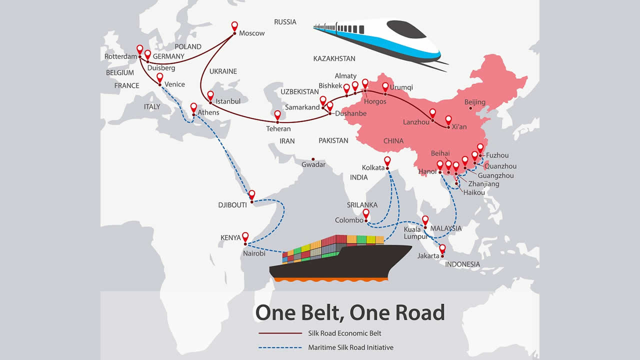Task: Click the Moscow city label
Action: click(252, 33)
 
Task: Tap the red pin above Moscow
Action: click(235, 26)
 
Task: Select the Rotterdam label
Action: click(120, 57)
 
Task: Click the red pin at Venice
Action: click(159, 78)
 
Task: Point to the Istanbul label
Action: click(228, 101)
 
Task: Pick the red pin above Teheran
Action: click(278, 115)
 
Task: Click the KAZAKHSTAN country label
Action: click(334, 58)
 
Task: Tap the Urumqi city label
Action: click(401, 87)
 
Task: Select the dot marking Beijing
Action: click(470, 108)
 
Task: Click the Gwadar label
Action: click(313, 164)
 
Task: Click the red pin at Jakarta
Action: click(442, 248)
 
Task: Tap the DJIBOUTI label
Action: click(232, 205)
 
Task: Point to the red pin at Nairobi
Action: click(245, 237)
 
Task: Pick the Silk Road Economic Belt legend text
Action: click(345, 333)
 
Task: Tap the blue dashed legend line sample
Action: click(280, 347)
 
